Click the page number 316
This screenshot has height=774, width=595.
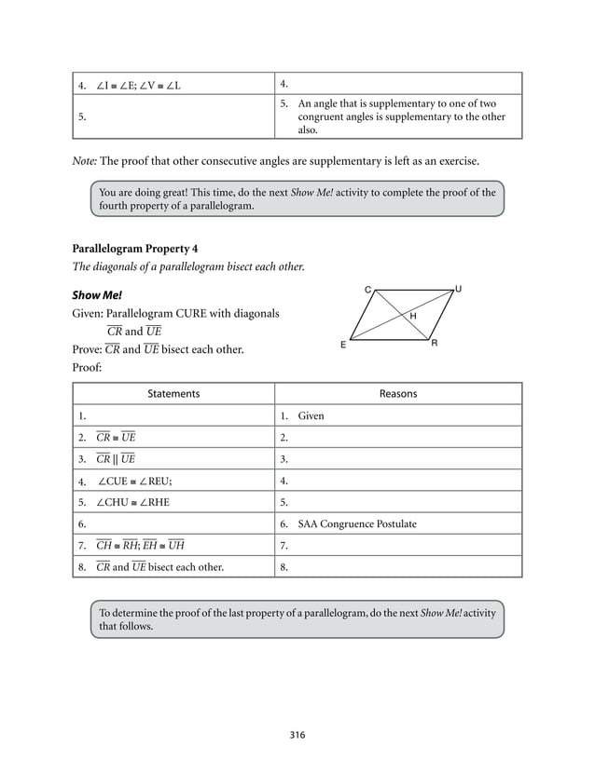point(297,735)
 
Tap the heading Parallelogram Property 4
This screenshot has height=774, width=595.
point(134,249)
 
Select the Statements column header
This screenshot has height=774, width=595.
point(173,394)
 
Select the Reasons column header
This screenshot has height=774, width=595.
point(398,394)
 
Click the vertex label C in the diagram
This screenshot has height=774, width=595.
point(367,291)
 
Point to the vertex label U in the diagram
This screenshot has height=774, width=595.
point(457,290)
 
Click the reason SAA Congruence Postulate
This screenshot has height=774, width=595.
point(357,523)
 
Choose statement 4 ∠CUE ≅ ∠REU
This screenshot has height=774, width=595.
point(134,481)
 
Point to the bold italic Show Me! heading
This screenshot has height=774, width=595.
point(97,294)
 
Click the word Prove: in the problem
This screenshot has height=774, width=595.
point(87,349)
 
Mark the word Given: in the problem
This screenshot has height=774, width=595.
point(88,314)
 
